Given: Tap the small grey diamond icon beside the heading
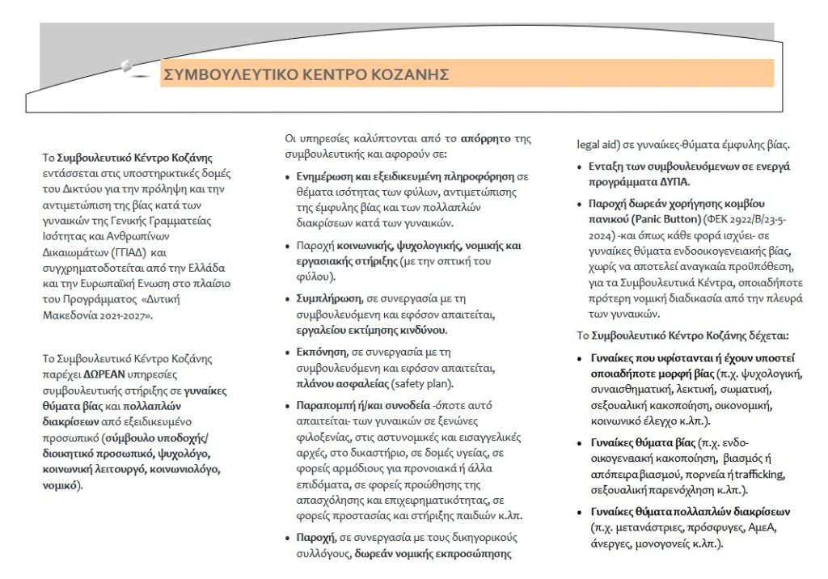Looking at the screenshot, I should point(126,66).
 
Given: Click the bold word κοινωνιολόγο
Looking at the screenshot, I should point(186,469).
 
